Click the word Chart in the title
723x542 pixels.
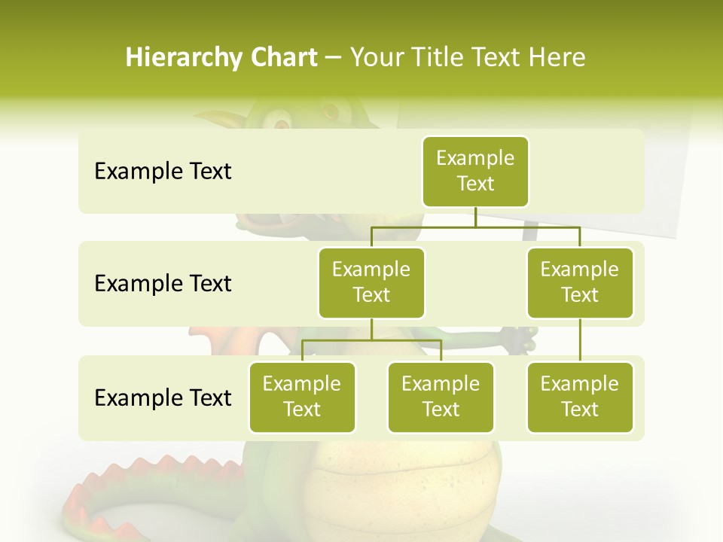281,57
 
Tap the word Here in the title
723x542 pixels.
557,57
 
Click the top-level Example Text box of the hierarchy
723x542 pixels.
475,171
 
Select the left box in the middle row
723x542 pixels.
371,282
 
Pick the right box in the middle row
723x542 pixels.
580,282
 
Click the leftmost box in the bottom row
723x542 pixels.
302,397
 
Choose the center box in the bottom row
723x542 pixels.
441,397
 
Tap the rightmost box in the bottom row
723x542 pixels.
580,397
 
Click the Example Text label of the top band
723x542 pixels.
163,172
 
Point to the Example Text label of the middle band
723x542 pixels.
163,284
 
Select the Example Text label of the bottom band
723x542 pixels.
163,397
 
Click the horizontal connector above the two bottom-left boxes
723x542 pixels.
371,340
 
